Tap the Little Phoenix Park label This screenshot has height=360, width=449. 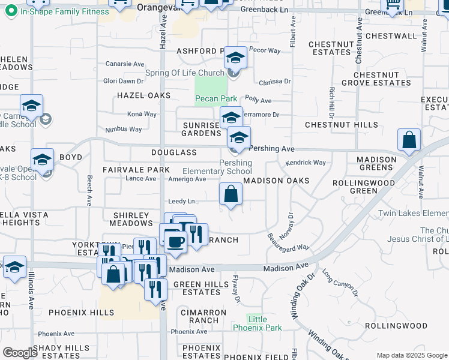pyautogui.click(x=265, y=323)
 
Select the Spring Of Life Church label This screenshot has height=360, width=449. pyautogui.click(x=184, y=74)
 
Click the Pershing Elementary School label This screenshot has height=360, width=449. pyautogui.click(x=226, y=167)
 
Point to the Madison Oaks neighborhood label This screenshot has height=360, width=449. pyautogui.click(x=276, y=181)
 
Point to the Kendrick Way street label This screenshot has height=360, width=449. pyautogui.click(x=306, y=163)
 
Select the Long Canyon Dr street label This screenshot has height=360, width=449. pyautogui.click(x=340, y=284)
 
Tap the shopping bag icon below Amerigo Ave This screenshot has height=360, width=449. pyautogui.click(x=231, y=194)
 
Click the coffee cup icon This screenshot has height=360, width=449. pyautogui.click(x=175, y=241)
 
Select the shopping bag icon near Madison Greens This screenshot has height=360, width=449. pyautogui.click(x=409, y=140)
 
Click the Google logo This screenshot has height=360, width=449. pyautogui.click(x=20, y=353)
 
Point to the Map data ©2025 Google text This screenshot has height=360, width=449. pyautogui.click(x=411, y=355)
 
